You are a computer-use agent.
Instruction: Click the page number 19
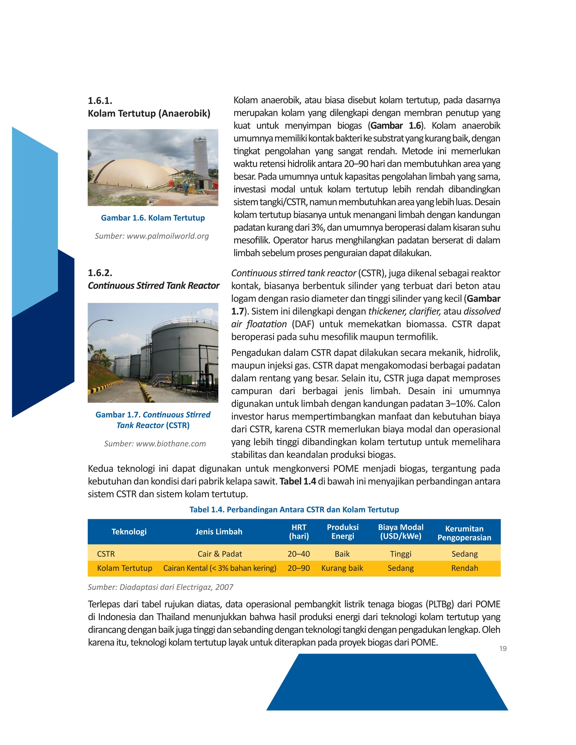pos(503,649)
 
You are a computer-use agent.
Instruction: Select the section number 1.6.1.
pos(100,101)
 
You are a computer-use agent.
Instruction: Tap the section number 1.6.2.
pos(100,273)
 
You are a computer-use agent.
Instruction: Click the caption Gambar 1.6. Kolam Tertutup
pos(153,218)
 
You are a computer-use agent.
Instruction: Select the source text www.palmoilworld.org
pos(152,236)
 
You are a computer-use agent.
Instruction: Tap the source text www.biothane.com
pos(155,444)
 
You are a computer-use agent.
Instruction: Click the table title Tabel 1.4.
pos(294,510)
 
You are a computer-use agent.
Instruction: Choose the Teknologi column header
pos(129,532)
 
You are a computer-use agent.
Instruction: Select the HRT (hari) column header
pos(299,532)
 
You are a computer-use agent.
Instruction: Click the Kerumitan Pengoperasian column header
pos(464,533)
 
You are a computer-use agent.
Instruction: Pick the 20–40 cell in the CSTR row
pos(299,554)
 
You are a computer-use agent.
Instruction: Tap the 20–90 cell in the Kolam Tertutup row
pos(299,568)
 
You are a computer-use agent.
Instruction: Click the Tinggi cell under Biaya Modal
pos(400,554)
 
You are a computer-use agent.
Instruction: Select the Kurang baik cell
pos(342,568)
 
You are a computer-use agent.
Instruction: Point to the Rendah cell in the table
pos(464,568)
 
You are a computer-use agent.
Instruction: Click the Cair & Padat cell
pos(220,554)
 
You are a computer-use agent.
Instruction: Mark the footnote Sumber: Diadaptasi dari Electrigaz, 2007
pos(160,587)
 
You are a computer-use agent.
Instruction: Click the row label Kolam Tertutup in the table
pos(125,568)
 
